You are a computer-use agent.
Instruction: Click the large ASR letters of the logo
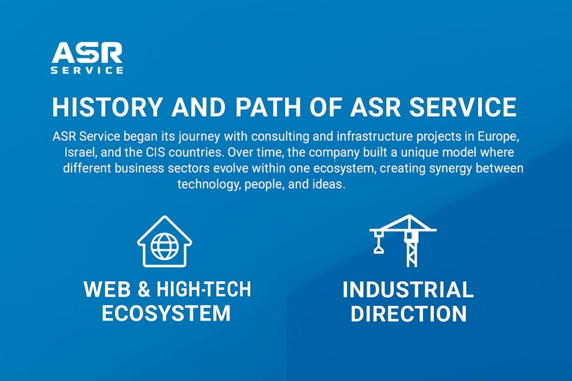pos(87,54)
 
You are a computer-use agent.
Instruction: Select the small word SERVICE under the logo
pos(87,71)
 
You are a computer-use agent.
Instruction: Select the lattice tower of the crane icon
pos(412,251)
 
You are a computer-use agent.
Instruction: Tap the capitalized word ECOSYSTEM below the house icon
pos(166,313)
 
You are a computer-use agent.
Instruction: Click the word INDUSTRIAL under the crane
pos(408,290)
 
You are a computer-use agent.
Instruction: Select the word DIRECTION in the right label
pos(408,314)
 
